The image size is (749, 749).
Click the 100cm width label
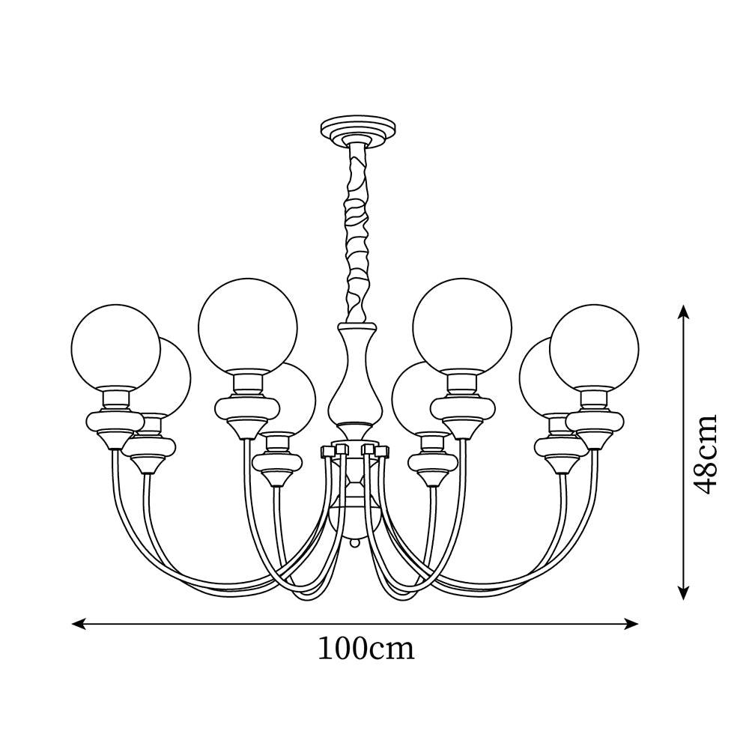tap(366, 649)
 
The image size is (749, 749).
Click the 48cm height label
tap(705, 455)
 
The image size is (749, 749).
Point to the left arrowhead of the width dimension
tap(79, 623)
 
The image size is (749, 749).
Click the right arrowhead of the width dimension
tap(631, 623)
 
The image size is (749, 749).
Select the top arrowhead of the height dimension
tap(684, 312)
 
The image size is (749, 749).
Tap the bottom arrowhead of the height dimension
tap(684, 592)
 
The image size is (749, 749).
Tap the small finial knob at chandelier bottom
tap(354, 544)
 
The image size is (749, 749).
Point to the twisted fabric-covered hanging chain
tap(357, 232)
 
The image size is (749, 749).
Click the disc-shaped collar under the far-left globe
tap(115, 421)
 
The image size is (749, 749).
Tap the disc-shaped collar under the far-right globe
tap(595, 421)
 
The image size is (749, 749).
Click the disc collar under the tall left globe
tap(247, 408)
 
